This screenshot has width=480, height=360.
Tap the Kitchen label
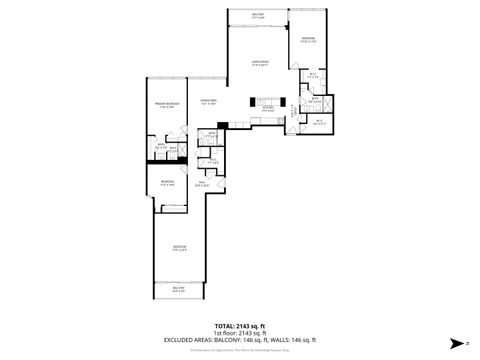click(x=267, y=109)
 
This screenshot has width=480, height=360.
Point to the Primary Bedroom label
click(x=165, y=105)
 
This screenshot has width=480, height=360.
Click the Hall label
click(x=201, y=183)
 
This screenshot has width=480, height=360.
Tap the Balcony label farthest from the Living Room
click(x=180, y=289)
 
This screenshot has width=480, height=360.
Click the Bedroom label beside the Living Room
click(x=308, y=40)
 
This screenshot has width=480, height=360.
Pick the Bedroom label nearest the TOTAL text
click(x=180, y=250)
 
